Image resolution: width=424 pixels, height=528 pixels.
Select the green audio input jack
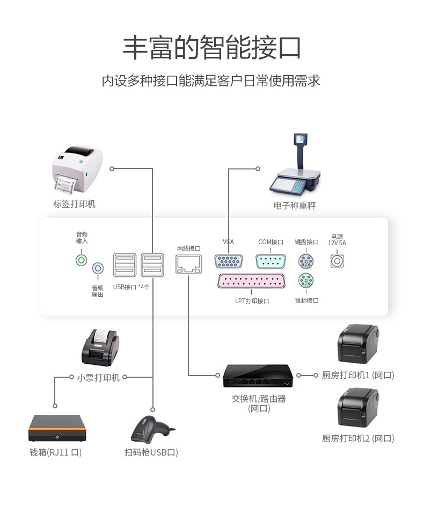[81, 261]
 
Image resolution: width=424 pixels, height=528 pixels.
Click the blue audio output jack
[98, 268]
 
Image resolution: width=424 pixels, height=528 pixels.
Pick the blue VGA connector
[229, 261]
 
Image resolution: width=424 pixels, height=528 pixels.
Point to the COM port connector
[271, 261]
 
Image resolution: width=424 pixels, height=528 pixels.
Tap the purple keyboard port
[306, 261]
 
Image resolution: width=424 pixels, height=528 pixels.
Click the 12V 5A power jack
[337, 261]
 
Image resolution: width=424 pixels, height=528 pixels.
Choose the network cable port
[188, 263]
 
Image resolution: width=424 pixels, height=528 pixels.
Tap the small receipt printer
[100, 346]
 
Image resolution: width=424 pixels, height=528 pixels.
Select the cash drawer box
[57, 428]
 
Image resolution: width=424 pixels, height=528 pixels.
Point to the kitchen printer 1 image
[358, 344]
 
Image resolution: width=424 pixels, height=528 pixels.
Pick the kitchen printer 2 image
[358, 408]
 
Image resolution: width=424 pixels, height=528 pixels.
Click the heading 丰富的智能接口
[211, 48]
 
